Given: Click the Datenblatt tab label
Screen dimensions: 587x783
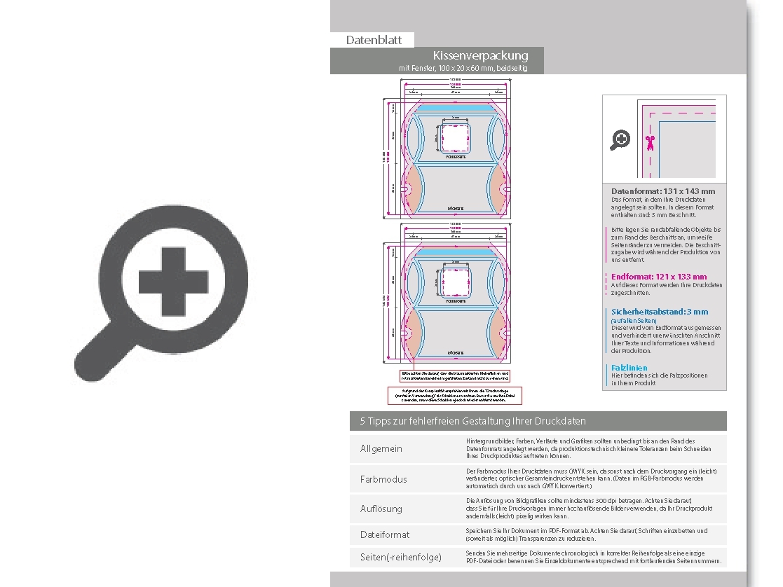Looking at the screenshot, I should [374, 40].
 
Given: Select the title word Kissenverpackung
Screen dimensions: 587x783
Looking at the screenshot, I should [480, 55].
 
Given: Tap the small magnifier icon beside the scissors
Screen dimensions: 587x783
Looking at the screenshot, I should [620, 140].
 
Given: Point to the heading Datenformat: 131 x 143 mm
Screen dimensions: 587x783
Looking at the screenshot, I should [663, 191].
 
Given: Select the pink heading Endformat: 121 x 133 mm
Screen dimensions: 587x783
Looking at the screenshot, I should [659, 277].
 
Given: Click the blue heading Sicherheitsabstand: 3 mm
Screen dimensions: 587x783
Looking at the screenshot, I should [660, 312].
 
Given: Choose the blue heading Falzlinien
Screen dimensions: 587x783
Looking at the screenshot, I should [629, 367].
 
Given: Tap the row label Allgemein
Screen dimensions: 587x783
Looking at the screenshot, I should [381, 448].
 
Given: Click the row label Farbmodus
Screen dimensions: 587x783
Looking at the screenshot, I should [383, 479].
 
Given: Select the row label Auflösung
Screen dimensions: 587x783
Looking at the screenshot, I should [381, 509].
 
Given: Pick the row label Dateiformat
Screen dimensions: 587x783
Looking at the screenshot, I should [385, 534].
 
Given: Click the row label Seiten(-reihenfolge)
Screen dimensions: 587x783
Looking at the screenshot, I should [401, 557].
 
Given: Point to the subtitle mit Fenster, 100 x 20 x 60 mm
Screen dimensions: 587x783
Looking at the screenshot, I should [463, 68].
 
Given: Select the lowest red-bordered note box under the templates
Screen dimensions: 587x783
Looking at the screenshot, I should [455, 395].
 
